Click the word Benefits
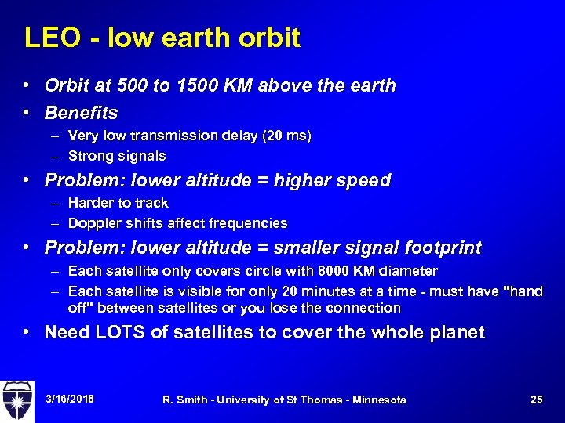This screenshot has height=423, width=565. (81, 112)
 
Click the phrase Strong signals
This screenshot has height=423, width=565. (117, 156)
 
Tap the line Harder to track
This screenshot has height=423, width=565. (118, 203)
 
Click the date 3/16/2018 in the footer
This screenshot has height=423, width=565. (69, 399)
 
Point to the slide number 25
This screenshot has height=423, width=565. (536, 399)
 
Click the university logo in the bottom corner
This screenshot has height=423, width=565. (17, 399)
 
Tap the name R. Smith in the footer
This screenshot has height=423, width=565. (183, 399)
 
